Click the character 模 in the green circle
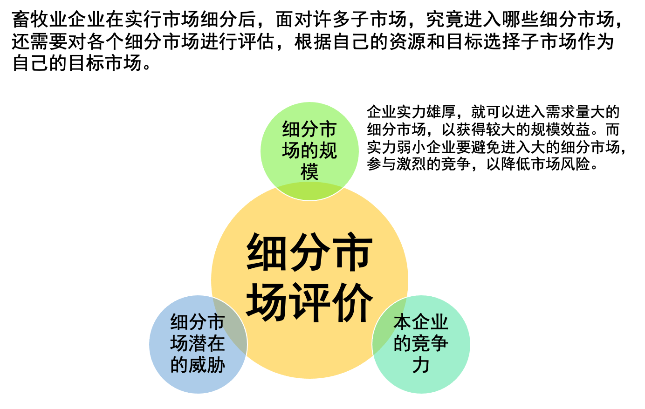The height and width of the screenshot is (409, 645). [309, 172]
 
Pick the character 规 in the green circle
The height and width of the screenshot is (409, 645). [328, 150]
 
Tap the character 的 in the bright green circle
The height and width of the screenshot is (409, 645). [309, 150]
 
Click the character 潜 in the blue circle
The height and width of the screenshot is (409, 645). [198, 343]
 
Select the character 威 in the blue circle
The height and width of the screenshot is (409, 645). [198, 365]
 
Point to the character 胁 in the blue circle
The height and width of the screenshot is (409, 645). [216, 365]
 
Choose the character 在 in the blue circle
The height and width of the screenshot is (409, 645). [216, 343]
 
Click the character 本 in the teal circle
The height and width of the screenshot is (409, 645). [403, 322]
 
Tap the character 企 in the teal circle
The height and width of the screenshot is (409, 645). [421, 322]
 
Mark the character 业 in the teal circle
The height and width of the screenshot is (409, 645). [439, 322]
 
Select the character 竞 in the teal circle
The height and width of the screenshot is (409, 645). [421, 343]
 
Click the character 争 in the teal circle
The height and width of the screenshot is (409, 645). [439, 343]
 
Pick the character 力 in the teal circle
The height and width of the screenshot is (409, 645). [421, 365]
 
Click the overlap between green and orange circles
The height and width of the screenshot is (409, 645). [309, 191]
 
